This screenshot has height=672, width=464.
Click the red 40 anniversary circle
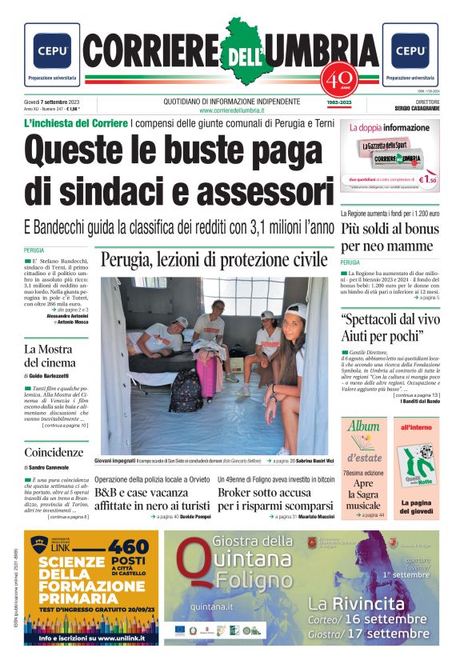[x=334, y=79]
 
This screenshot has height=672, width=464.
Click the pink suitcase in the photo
[x=207, y=377]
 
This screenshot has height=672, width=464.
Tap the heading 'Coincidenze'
[x=54, y=452]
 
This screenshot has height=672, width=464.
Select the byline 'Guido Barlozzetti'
[x=60, y=375]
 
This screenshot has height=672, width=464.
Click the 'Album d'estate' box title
[x=364, y=442]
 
